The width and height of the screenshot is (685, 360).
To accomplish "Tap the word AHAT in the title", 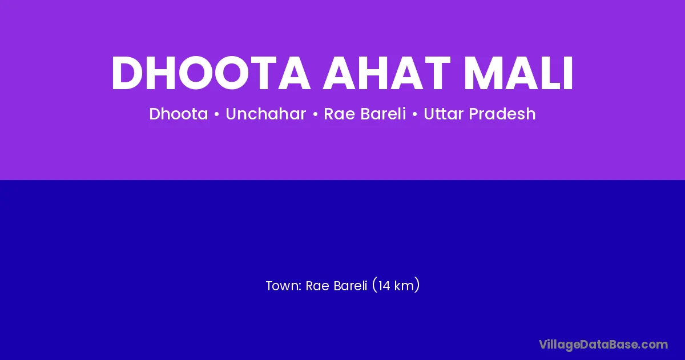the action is (x=387, y=74).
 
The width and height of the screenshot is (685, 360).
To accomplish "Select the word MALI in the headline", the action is (x=519, y=74).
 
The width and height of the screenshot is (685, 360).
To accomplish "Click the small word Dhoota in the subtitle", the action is (x=178, y=114).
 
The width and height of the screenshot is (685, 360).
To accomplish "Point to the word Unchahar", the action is (x=266, y=114).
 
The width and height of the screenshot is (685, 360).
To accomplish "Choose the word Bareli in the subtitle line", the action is (x=383, y=114).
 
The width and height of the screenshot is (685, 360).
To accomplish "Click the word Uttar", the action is (x=444, y=114).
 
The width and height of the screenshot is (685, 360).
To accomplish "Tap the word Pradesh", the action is (x=502, y=114).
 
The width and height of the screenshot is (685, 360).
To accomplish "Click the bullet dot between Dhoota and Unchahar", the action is (x=217, y=114).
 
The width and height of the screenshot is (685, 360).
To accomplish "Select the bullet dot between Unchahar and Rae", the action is (x=315, y=114).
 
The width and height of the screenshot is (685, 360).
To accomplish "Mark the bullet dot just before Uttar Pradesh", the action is (x=415, y=114).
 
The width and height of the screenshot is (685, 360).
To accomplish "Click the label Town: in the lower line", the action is (x=284, y=286).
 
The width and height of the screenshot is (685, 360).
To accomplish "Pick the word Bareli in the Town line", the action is (x=350, y=286).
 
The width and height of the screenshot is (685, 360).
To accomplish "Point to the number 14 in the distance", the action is (x=384, y=286).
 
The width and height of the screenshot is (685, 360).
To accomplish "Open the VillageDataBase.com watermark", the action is (x=603, y=345).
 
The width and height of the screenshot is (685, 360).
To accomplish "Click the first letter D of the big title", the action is (x=128, y=74).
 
